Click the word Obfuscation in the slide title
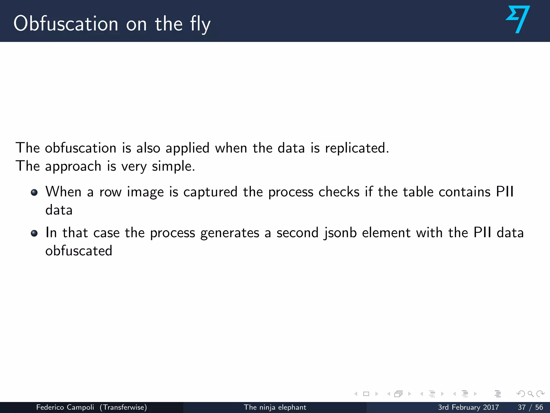tap(66, 24)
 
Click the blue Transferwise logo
tap(518, 19)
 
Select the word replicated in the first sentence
tap(357, 148)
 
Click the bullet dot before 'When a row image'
tap(34, 193)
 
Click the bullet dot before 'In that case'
tap(34, 233)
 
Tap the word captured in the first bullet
tap(210, 192)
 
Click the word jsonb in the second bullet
tap(340, 233)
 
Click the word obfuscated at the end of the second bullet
tap(79, 251)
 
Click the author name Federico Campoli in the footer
tap(65, 407)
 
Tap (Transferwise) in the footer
tap(123, 407)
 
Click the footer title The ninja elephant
tap(275, 407)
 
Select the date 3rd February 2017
tap(468, 407)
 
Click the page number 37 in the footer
tap(522, 407)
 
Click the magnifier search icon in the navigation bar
tap(530, 394)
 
